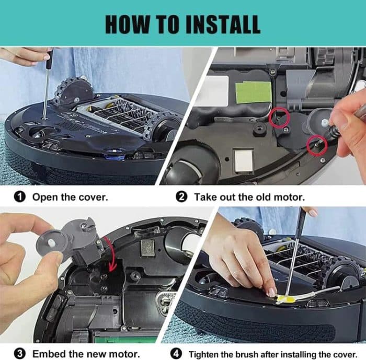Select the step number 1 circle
19,197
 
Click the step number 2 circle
181,197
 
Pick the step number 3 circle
19,354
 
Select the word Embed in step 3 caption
49,354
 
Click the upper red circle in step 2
279,118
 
